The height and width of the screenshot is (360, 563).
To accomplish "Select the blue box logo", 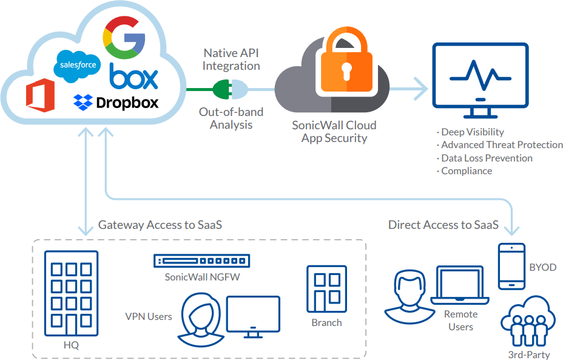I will [133, 77].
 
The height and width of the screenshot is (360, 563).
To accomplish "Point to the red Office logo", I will [40, 97].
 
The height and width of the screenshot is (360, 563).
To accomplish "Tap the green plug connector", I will [222, 90].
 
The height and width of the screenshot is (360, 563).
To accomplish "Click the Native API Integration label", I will [231, 59].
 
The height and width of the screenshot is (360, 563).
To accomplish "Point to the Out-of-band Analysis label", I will [231, 118].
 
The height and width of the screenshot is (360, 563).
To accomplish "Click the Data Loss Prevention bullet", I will [487, 158].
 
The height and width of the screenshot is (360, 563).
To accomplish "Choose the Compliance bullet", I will [466, 171].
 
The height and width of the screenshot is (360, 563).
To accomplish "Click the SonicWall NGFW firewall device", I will [201, 261].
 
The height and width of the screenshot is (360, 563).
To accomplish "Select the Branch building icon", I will [326, 288].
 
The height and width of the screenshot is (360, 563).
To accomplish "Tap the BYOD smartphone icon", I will [511, 267].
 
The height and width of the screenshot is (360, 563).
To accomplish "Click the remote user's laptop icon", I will [460, 286].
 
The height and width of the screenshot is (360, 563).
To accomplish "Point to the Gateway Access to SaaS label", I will [160, 225].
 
